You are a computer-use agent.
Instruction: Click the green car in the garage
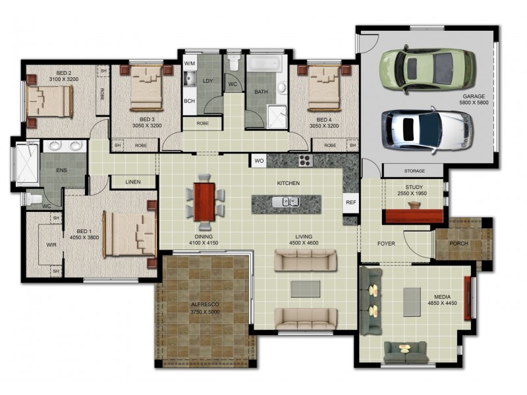(x=428, y=67)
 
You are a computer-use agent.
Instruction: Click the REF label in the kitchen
(x=350, y=203)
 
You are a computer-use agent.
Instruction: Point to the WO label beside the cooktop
(x=258, y=160)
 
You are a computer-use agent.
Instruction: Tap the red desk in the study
(x=412, y=216)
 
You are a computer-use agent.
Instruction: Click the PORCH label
(x=458, y=242)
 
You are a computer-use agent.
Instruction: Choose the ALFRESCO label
(x=205, y=305)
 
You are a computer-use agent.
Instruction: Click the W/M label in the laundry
(x=189, y=63)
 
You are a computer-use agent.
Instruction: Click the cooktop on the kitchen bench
(x=305, y=160)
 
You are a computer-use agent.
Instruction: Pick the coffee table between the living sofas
(x=305, y=288)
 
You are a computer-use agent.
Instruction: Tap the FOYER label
(x=385, y=244)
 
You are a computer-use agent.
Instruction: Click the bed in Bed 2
(x=49, y=102)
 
